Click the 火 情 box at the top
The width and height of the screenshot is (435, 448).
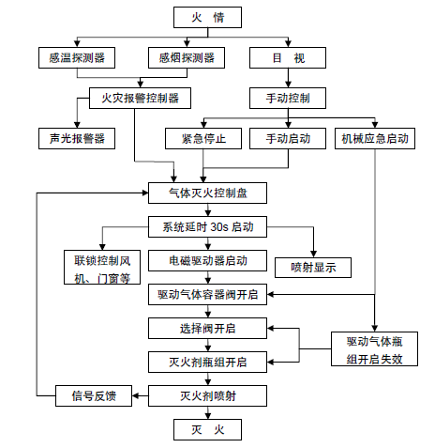click(x=207, y=17)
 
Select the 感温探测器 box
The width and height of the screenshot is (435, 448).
click(x=77, y=57)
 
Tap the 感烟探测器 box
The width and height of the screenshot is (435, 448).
click(x=187, y=57)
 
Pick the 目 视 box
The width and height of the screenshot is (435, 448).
click(x=288, y=57)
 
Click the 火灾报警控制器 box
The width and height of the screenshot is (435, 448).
click(x=140, y=98)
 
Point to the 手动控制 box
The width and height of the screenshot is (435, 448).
click(x=288, y=98)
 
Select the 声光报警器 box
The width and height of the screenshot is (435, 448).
click(x=77, y=138)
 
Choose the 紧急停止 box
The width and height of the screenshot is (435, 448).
click(x=203, y=138)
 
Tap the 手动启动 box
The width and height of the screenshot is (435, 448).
click(x=288, y=138)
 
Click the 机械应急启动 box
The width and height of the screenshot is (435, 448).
click(x=375, y=138)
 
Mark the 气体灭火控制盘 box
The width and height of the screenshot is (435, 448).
click(x=207, y=193)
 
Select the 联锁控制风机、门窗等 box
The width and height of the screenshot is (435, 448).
click(x=102, y=267)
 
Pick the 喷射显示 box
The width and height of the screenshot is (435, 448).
click(x=313, y=268)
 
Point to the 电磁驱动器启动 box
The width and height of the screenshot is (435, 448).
click(x=207, y=260)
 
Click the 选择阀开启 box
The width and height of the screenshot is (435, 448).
click(x=207, y=328)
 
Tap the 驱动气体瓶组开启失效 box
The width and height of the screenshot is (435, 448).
click(x=374, y=348)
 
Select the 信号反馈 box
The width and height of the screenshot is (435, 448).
click(x=94, y=395)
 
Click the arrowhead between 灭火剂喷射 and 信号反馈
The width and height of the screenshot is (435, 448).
click(x=136, y=395)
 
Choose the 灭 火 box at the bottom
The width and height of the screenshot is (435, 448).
click(x=207, y=429)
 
